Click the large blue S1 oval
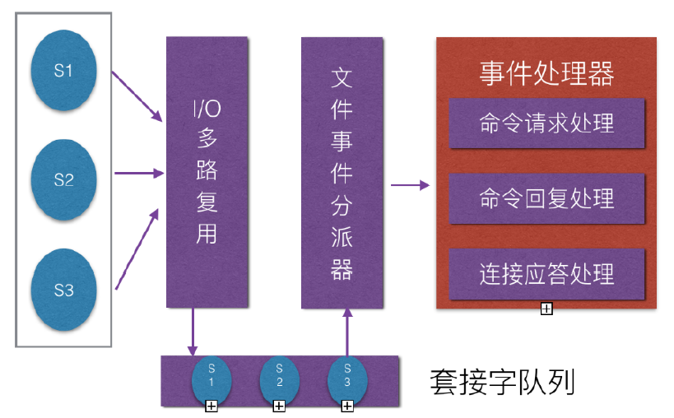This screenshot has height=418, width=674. click(63, 71)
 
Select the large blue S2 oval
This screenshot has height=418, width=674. click(63, 179)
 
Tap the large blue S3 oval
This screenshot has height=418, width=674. click(63, 289)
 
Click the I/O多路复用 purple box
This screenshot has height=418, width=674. click(206, 172)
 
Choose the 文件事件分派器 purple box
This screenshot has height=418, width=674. click(342, 172)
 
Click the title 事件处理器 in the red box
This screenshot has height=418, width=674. click(546, 74)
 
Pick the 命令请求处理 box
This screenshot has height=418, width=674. click(546, 123)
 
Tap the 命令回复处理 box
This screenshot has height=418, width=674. click(546, 198)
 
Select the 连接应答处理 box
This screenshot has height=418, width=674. click(546, 272)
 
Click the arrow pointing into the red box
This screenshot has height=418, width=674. click(410, 185)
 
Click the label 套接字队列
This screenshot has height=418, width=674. click(501, 383)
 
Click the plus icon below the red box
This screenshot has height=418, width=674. click(546, 309)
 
